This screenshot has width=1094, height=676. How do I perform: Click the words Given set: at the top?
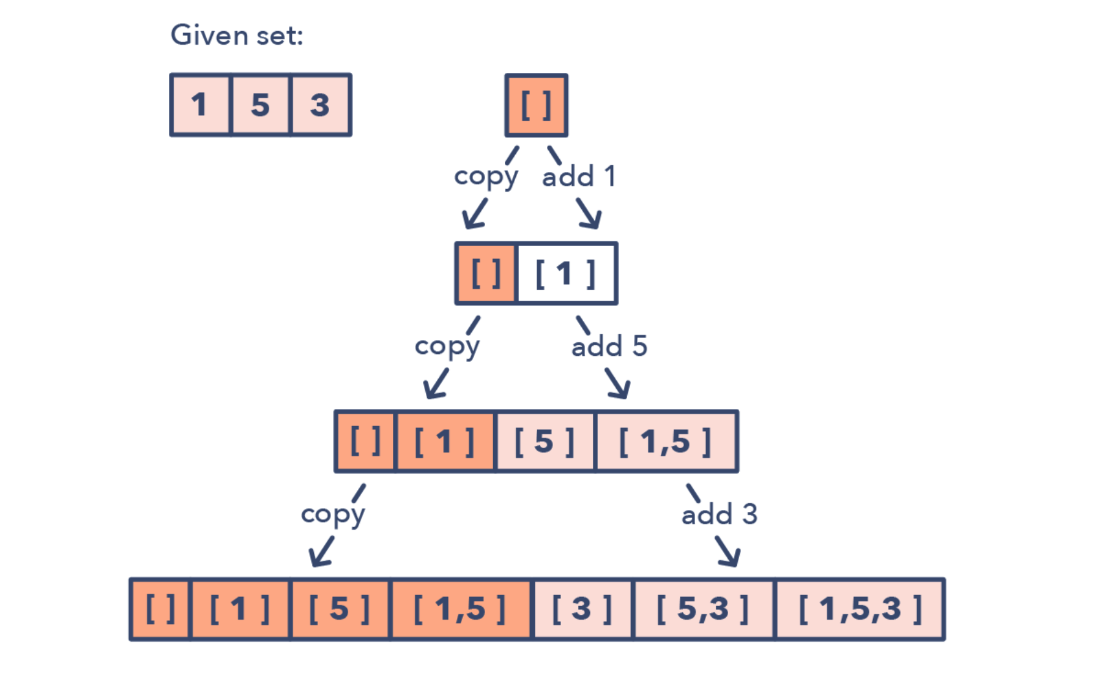pos(236,35)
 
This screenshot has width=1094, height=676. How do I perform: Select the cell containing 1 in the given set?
pos(199,105)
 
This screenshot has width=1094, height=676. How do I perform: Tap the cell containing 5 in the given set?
pos(260,105)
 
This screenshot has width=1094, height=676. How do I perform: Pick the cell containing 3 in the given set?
pos(320,105)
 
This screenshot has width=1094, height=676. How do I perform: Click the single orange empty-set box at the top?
pos(536,105)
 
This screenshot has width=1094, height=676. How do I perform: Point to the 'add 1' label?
pos(578,176)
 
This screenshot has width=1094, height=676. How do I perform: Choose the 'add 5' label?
pos(609,347)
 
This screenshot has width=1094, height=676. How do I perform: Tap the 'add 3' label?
pos(719,514)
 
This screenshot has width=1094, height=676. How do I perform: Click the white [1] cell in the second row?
pos(566,274)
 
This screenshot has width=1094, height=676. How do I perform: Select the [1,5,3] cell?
pos(860,609)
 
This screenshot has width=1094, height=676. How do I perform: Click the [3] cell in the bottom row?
pos(582,609)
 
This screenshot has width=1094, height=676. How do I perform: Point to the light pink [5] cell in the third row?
pos(545,441)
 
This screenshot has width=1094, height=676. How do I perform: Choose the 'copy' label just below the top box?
pos(486,176)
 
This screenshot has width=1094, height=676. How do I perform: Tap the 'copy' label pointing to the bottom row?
pos(333,514)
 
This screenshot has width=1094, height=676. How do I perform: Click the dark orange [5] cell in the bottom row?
pos(340,609)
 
